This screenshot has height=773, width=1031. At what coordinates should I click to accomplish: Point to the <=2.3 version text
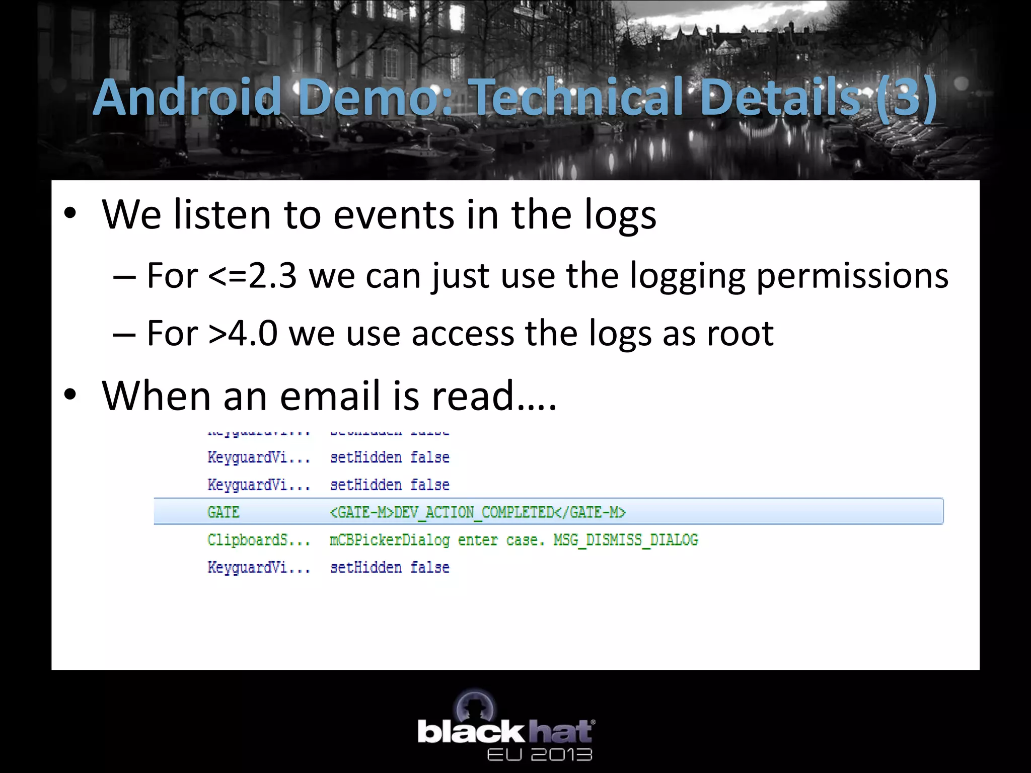(x=252, y=276)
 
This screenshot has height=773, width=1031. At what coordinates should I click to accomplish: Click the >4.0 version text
(x=242, y=333)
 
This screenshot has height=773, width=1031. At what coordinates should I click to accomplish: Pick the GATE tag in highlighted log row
(x=223, y=512)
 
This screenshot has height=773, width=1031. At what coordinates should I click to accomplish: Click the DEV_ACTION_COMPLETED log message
(x=473, y=512)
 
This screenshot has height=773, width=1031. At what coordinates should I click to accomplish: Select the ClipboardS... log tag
(x=258, y=540)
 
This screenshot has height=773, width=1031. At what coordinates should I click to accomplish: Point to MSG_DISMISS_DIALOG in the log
(x=626, y=540)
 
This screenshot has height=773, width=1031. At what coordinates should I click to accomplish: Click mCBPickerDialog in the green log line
(x=389, y=540)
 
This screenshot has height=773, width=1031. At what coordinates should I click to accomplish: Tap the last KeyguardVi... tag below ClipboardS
(x=258, y=568)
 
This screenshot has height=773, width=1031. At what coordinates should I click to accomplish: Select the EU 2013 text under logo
(x=539, y=754)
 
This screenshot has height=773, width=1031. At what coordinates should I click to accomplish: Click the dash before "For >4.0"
(x=124, y=334)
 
